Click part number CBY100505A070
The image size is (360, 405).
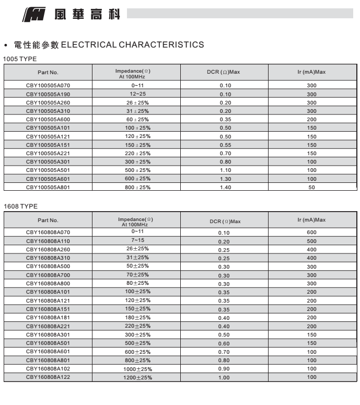[48, 85]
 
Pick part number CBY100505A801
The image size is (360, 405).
[48, 187]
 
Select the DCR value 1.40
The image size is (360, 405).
[225, 187]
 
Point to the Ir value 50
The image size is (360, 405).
[312, 187]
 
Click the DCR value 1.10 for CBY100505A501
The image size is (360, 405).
[225, 170]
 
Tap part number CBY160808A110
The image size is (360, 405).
[48, 241]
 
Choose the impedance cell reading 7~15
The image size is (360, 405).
[137, 240]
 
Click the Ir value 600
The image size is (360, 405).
[312, 233]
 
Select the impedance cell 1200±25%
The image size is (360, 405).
[137, 377]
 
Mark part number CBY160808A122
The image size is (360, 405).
[48, 377]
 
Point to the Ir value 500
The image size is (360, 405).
[312, 241]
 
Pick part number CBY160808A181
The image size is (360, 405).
[48, 317]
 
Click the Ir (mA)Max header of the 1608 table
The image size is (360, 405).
[311, 220]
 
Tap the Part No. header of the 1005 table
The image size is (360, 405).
[48, 72]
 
